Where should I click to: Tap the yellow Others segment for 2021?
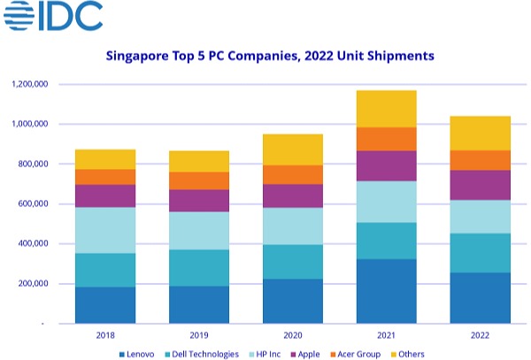(x=386, y=109)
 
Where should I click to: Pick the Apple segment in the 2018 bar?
(x=105, y=195)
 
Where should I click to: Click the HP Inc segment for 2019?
(x=199, y=230)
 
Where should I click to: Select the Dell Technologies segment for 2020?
(x=293, y=262)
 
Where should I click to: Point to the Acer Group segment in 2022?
(x=480, y=160)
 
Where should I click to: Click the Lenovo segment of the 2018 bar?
(x=105, y=305)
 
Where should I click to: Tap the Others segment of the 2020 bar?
(x=293, y=149)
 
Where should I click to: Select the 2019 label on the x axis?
(x=199, y=335)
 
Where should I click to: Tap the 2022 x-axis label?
(x=480, y=335)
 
